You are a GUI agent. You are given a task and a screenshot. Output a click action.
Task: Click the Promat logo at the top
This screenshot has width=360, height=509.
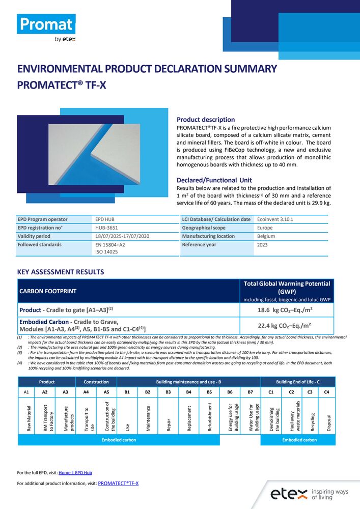[x=46, y=24]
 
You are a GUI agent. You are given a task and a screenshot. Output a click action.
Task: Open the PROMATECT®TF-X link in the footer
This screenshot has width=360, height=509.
[x=118, y=483]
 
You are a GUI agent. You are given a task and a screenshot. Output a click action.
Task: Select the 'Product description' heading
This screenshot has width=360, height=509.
[x=205, y=120]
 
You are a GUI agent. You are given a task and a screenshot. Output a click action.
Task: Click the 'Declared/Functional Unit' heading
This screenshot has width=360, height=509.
[x=214, y=180]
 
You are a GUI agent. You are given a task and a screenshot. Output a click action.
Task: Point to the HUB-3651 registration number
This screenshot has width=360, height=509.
[x=107, y=228]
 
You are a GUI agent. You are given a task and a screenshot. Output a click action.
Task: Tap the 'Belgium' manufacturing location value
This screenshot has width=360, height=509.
[x=266, y=236]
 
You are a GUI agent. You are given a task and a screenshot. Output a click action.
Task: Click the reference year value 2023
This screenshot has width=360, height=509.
[x=263, y=245]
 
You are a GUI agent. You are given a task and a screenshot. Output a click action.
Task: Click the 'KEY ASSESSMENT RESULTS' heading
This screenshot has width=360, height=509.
[x=61, y=272]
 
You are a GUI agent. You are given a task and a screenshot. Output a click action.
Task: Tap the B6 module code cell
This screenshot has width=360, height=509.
[x=230, y=392]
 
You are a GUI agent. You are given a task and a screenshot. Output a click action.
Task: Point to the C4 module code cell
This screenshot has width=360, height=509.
[x=327, y=392]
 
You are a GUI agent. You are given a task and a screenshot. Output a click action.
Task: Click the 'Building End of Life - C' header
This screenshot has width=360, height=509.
[x=298, y=382]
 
